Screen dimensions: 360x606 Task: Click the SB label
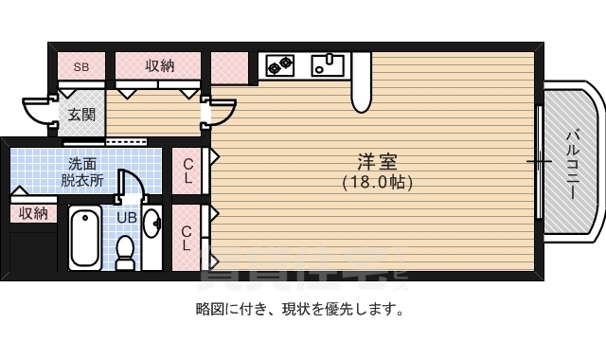[80, 66]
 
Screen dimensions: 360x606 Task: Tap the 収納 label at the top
[159, 65]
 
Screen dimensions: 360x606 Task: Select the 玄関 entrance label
[80, 115]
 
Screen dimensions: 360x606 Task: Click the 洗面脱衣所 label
[84, 171]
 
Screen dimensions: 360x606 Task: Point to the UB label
[126, 218]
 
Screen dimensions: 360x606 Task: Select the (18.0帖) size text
[377, 183]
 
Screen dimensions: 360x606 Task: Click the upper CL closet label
[187, 170]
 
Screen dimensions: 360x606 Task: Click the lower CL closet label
[187, 237]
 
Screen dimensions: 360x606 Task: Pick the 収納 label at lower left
[33, 213]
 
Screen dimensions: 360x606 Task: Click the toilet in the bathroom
[125, 251]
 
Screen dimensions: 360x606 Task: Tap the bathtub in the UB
[86, 239]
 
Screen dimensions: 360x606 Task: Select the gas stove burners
[279, 64]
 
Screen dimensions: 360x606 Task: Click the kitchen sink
[327, 64]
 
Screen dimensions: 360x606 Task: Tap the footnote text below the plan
[302, 308]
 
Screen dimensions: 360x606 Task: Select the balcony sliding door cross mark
[540, 162]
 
